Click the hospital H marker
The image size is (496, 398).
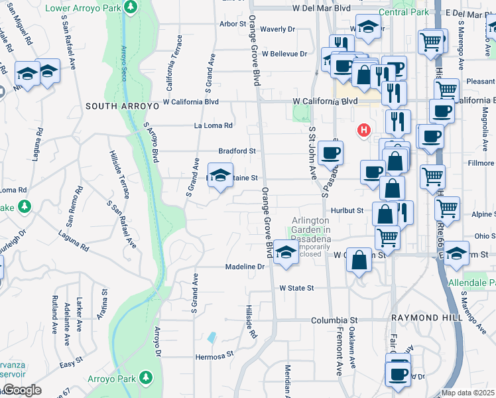click(363, 130)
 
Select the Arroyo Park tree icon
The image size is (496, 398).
click(145, 378)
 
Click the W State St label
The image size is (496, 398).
click(296, 289)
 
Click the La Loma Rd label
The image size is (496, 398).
click(213, 125)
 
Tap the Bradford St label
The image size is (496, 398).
click(237, 151)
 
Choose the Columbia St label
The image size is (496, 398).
click(334, 320)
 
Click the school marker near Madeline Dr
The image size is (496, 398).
click(286, 253)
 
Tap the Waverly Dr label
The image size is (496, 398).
click(277, 29)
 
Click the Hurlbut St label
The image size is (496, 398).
click(348, 210)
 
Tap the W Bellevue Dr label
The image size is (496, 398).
click(284, 54)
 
